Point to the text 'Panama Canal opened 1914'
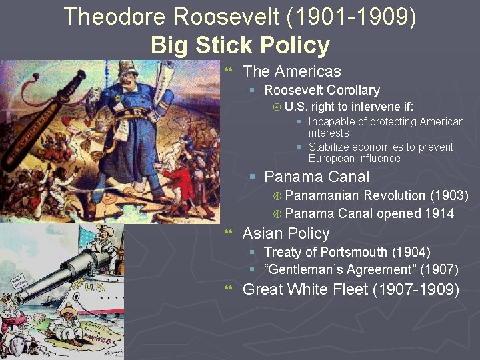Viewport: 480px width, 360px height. (369, 213)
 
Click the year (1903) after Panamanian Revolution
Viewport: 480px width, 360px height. (449, 195)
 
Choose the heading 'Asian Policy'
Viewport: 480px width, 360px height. (286, 233)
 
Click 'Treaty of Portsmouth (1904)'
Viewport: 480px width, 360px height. (347, 252)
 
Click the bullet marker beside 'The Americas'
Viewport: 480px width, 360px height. (229, 70)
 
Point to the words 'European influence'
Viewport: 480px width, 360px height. (354, 159)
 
